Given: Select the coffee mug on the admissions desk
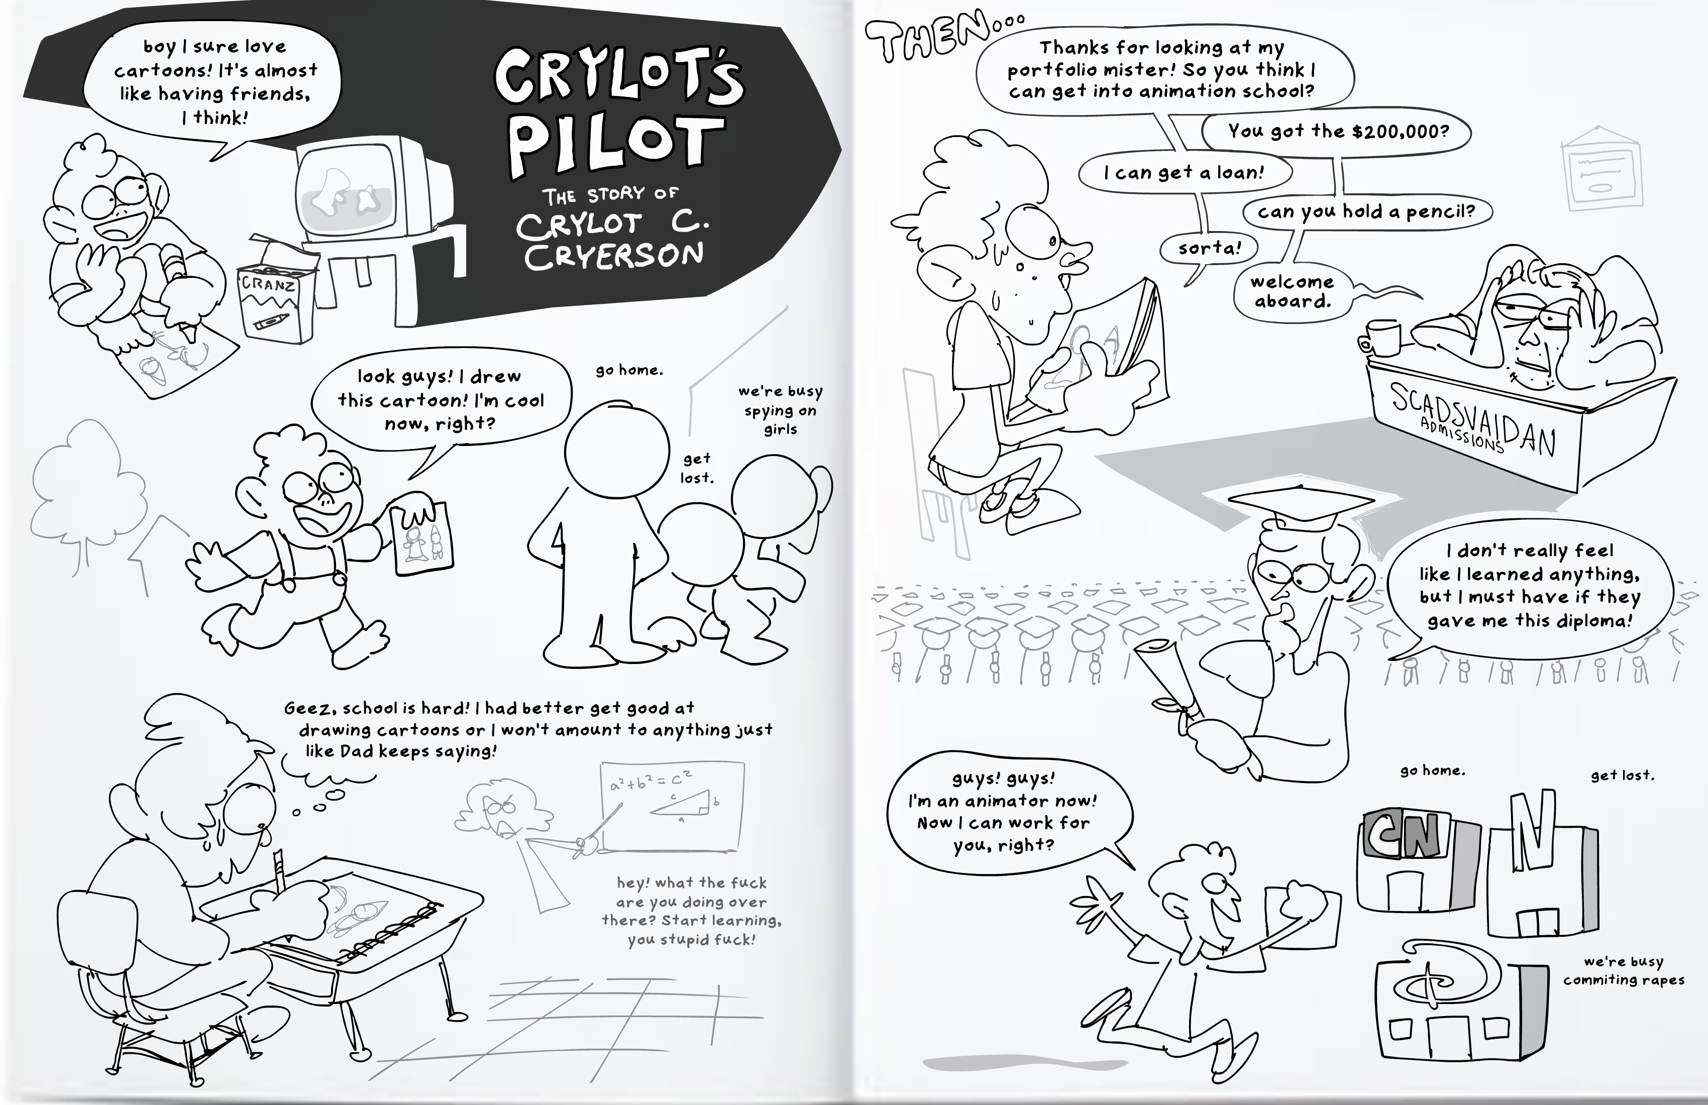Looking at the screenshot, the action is [1380, 336].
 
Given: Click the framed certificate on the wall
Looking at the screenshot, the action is [1601, 169].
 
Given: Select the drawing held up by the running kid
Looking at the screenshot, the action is [423, 537].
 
